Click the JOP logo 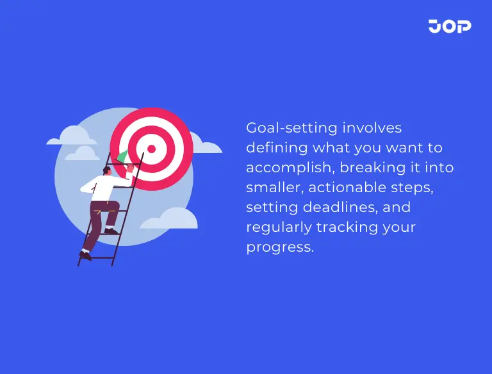450,26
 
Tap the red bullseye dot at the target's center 151,149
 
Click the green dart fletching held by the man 120,156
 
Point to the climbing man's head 106,171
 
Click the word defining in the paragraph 277,148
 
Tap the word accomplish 290,168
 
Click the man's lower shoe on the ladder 85,256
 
